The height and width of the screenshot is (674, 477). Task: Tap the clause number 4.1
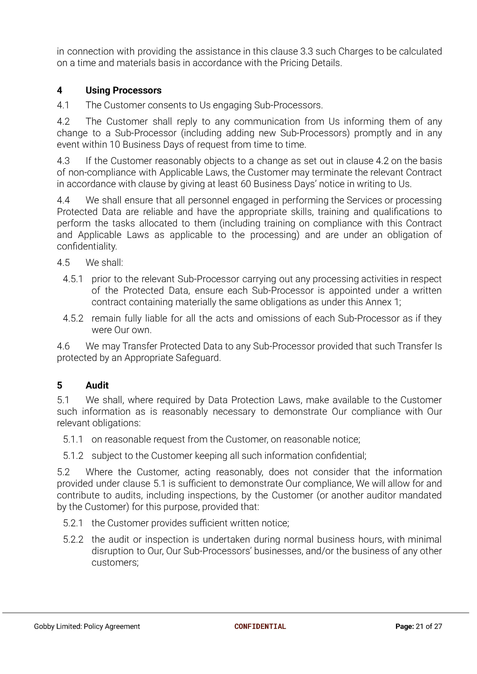63,105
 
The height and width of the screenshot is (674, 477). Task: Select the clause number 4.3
63,161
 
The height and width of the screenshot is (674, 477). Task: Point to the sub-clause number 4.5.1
73,279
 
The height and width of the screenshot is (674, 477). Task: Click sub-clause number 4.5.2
73,318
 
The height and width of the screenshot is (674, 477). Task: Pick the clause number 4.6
63,346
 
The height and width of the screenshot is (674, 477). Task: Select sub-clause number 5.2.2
73,539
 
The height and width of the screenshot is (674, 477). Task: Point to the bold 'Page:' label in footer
404,626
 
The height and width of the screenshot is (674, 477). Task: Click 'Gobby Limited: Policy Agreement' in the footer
87,626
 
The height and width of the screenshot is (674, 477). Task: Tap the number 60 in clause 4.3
246,184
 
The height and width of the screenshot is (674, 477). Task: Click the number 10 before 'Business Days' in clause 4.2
115,145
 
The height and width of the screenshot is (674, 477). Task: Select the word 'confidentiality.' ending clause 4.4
87,246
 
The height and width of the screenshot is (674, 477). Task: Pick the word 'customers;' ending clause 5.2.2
115,562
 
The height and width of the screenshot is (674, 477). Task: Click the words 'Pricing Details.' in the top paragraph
311,63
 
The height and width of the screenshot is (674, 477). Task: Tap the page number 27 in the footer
438,626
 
